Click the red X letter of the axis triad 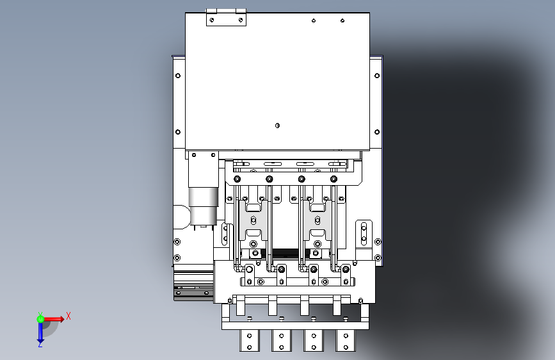click(68, 315)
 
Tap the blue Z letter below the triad click(40, 344)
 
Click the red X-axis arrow click(56, 318)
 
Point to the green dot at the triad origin click(40, 318)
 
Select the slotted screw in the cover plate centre click(277, 125)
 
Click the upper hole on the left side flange click(178, 75)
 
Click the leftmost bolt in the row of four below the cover click(237, 179)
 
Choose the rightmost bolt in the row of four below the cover click(333, 179)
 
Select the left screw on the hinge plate click(211, 20)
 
